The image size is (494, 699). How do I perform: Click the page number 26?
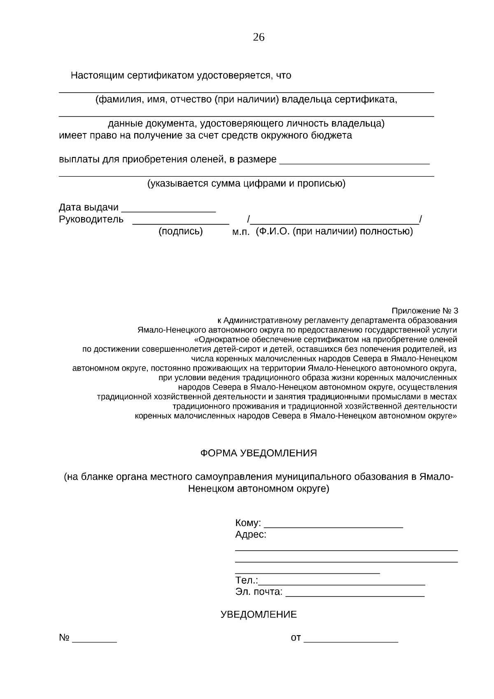pos(259,37)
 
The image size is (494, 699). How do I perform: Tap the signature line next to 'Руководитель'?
pos(180,223)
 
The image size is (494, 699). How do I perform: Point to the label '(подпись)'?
pos(181,231)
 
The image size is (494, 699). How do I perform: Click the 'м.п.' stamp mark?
pos(241,232)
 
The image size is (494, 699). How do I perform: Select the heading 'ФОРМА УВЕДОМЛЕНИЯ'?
pos(259,453)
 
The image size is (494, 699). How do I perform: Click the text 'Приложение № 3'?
pos(424,311)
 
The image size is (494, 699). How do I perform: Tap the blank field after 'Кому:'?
pos(333,527)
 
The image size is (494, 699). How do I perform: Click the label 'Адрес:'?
pos(251,535)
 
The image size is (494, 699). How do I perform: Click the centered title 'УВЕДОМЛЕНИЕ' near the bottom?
pos(259,615)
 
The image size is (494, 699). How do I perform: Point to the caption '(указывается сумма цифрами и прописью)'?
pos(247,184)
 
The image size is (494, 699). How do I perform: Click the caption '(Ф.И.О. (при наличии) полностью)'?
pos(334,231)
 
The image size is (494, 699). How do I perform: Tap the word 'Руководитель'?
pos(91,220)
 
